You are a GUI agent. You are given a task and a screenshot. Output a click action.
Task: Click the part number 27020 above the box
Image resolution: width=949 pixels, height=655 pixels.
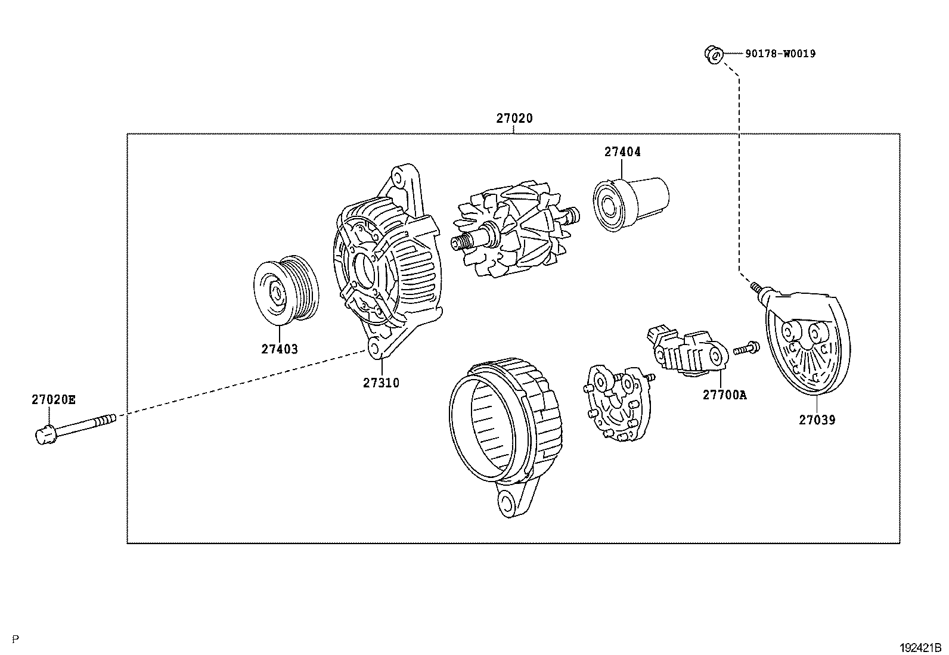pyautogui.click(x=514, y=119)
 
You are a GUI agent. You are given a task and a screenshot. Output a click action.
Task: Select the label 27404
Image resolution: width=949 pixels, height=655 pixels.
pyautogui.click(x=622, y=152)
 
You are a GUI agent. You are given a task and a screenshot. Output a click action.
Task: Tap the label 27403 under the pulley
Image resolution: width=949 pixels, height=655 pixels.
pyautogui.click(x=279, y=349)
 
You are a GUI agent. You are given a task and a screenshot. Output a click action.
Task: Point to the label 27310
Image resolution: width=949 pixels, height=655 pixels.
pyautogui.click(x=381, y=383)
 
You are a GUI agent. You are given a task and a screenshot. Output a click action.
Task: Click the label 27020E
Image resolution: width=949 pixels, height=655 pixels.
pyautogui.click(x=54, y=400)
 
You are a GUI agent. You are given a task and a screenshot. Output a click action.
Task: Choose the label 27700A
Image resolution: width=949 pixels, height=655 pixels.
pyautogui.click(x=724, y=395)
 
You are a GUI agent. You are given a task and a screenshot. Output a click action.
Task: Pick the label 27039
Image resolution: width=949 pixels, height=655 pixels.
pyautogui.click(x=817, y=420)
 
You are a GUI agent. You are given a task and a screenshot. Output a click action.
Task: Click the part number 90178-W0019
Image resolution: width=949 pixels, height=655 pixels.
pyautogui.click(x=780, y=54)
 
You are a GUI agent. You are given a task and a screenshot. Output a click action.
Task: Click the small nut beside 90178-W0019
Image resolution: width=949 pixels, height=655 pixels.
pyautogui.click(x=712, y=54)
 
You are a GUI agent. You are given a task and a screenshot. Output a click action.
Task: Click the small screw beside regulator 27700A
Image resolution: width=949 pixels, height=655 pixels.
pyautogui.click(x=745, y=348)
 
